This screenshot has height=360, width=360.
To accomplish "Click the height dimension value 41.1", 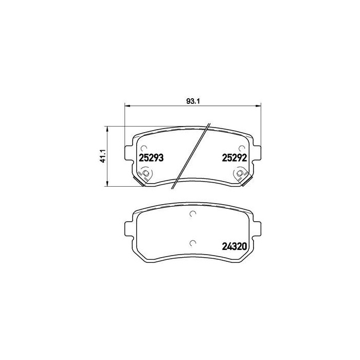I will pyautogui.click(x=102, y=155).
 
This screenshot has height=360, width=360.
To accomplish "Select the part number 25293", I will pyautogui.click(x=151, y=159).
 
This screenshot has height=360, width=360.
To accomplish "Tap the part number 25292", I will pyautogui.click(x=235, y=159).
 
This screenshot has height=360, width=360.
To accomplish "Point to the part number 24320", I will pyautogui.click(x=235, y=246).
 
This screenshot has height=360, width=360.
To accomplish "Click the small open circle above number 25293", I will pyautogui.click(x=143, y=148).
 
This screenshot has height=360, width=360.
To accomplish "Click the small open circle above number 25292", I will pyautogui.click(x=242, y=148).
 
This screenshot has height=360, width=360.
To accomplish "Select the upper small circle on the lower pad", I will pyautogui.click(x=193, y=214).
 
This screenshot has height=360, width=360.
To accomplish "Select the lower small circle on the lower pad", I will pyautogui.click(x=193, y=243).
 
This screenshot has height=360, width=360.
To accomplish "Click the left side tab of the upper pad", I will pyautogui.click(x=129, y=153).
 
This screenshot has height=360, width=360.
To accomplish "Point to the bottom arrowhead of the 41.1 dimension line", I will pyautogui.click(x=106, y=184).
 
